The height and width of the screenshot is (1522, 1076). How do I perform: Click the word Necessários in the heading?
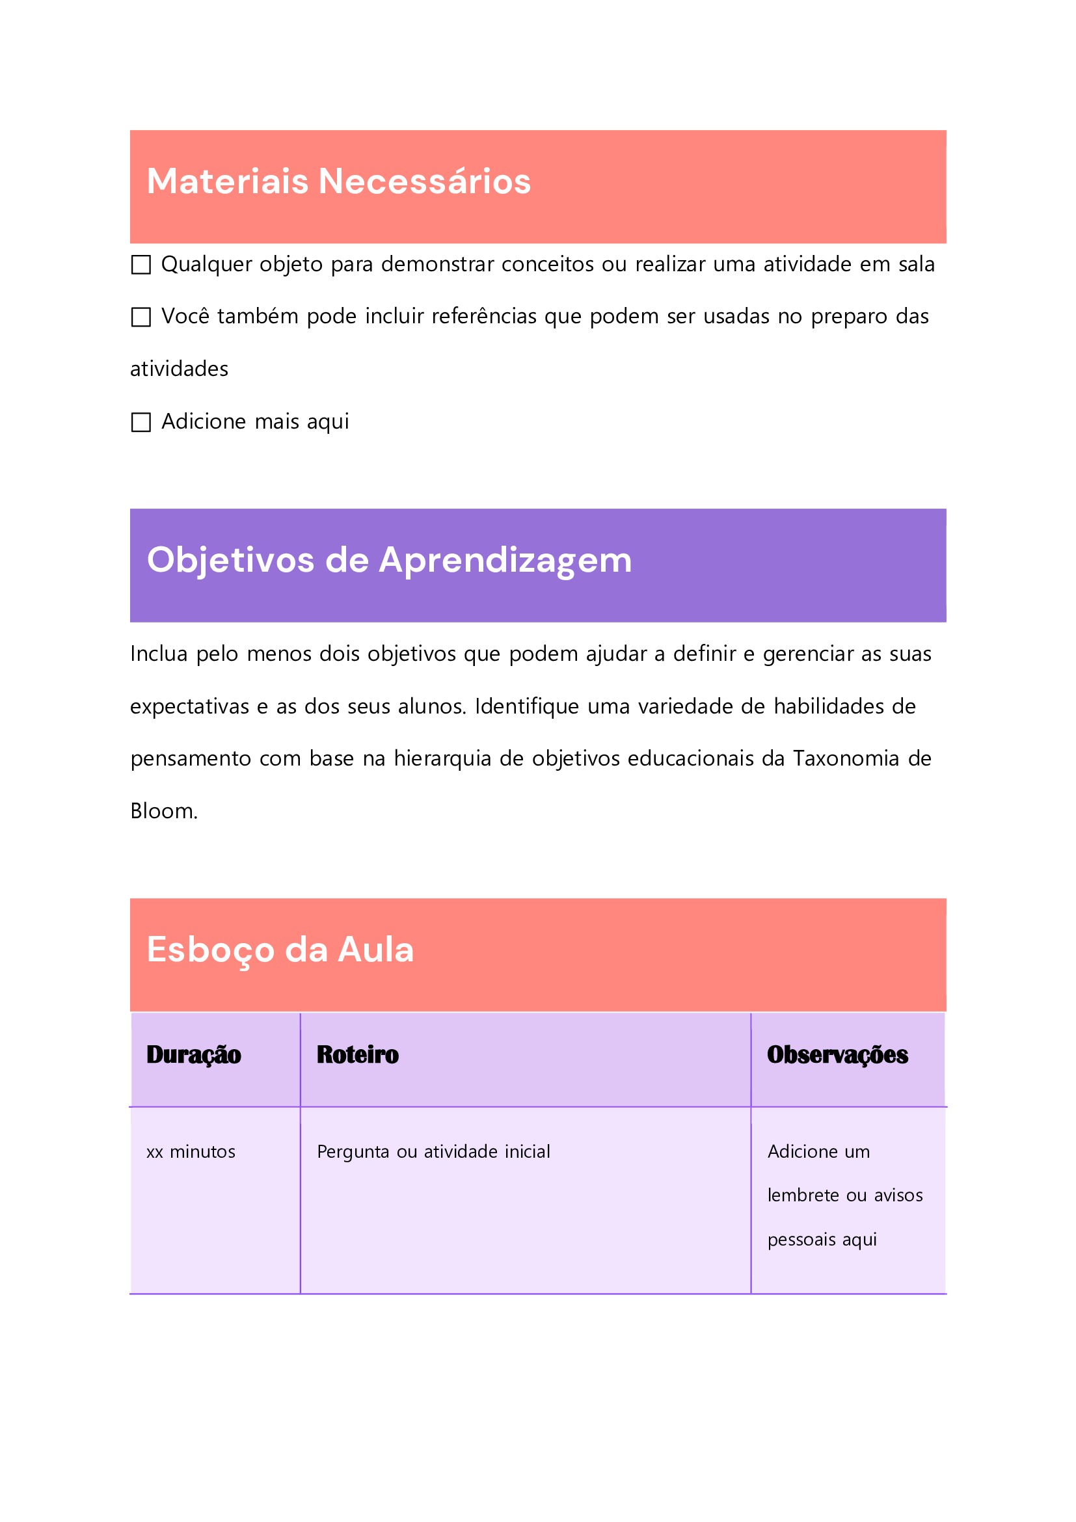(x=424, y=181)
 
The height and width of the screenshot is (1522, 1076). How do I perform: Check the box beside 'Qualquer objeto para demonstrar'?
(x=141, y=265)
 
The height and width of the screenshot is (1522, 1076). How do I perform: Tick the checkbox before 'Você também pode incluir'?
(x=141, y=317)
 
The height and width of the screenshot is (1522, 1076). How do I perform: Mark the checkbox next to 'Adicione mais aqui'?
(x=141, y=422)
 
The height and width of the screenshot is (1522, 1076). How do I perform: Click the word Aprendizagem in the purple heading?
(x=505, y=561)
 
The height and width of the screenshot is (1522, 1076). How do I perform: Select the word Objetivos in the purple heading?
(x=230, y=561)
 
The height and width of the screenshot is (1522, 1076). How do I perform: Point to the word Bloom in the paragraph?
(x=163, y=810)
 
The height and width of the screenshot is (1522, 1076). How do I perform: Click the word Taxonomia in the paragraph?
(x=845, y=758)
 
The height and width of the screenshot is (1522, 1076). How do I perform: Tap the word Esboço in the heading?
(x=210, y=950)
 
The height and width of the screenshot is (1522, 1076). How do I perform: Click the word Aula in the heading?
(x=376, y=950)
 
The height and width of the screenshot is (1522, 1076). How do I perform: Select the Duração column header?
(x=194, y=1054)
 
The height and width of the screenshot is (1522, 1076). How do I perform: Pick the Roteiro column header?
(x=357, y=1054)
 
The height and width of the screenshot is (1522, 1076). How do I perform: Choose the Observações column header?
(x=837, y=1054)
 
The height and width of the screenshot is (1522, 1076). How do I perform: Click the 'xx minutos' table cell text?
(x=191, y=1152)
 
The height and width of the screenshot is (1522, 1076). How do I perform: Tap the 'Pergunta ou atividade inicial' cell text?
(x=433, y=1152)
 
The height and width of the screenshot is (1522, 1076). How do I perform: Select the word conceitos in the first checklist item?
(x=547, y=265)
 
